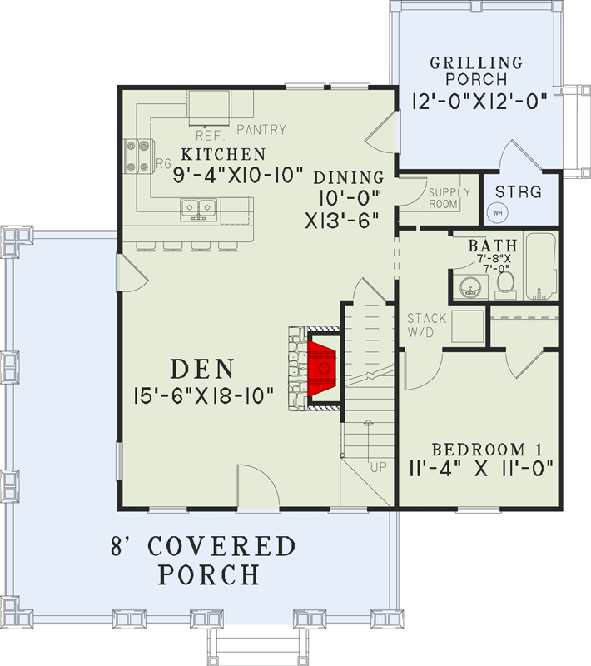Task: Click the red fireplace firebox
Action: [323, 366]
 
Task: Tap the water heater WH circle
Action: [499, 211]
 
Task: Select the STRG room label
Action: [524, 192]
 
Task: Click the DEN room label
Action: [203, 368]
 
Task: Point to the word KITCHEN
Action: [224, 154]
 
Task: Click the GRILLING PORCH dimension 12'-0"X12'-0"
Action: [478, 101]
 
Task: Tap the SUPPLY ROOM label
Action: [449, 198]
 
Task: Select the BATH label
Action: [493, 246]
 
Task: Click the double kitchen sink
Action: [199, 207]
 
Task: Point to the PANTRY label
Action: [261, 130]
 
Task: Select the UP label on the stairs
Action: [379, 467]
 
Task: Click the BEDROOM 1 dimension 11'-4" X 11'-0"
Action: [482, 466]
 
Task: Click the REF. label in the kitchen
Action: [207, 134]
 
